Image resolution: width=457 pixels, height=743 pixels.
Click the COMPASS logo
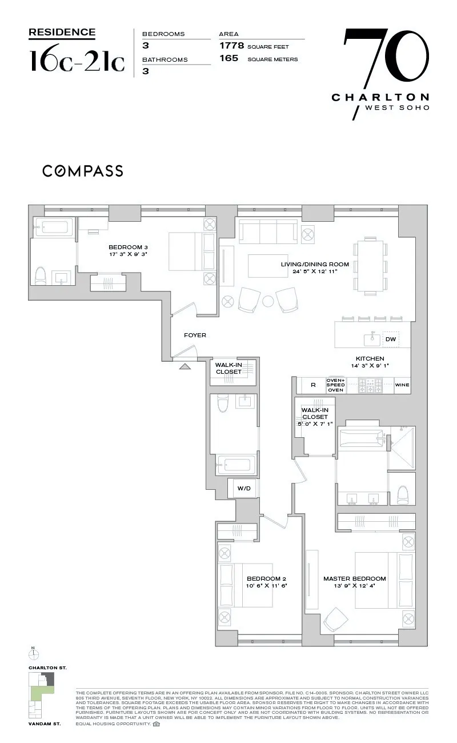[82, 170]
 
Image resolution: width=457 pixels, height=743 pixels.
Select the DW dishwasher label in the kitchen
[391, 339]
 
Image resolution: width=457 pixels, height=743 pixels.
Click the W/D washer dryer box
[244, 488]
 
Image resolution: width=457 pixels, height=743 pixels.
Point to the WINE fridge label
[402, 385]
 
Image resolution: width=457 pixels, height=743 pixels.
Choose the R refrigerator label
[313, 385]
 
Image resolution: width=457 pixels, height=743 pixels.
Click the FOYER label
[195, 335]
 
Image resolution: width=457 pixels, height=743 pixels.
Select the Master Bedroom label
[354, 578]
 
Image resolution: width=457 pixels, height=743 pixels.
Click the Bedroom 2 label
[266, 578]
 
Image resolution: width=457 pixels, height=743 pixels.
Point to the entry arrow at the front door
[185, 366]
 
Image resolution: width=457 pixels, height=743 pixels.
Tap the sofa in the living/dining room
[267, 233]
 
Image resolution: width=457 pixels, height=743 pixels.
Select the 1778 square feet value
[231, 46]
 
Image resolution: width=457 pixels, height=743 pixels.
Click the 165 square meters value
[229, 59]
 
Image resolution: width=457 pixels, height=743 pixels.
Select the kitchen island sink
[372, 339]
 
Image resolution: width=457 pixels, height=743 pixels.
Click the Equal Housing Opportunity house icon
[157, 724]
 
